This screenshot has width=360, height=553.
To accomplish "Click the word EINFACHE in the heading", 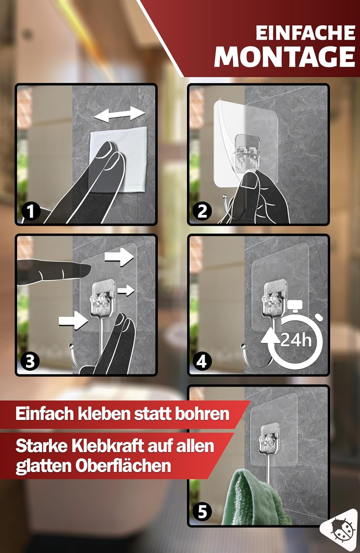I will click(x=305, y=33).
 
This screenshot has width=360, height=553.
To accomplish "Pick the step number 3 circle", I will click(x=30, y=361).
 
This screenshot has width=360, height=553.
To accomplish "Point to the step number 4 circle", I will click(x=202, y=361).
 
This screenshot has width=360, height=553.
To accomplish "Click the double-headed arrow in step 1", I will click(x=120, y=115).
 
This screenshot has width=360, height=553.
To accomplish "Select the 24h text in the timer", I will click(x=296, y=340).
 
